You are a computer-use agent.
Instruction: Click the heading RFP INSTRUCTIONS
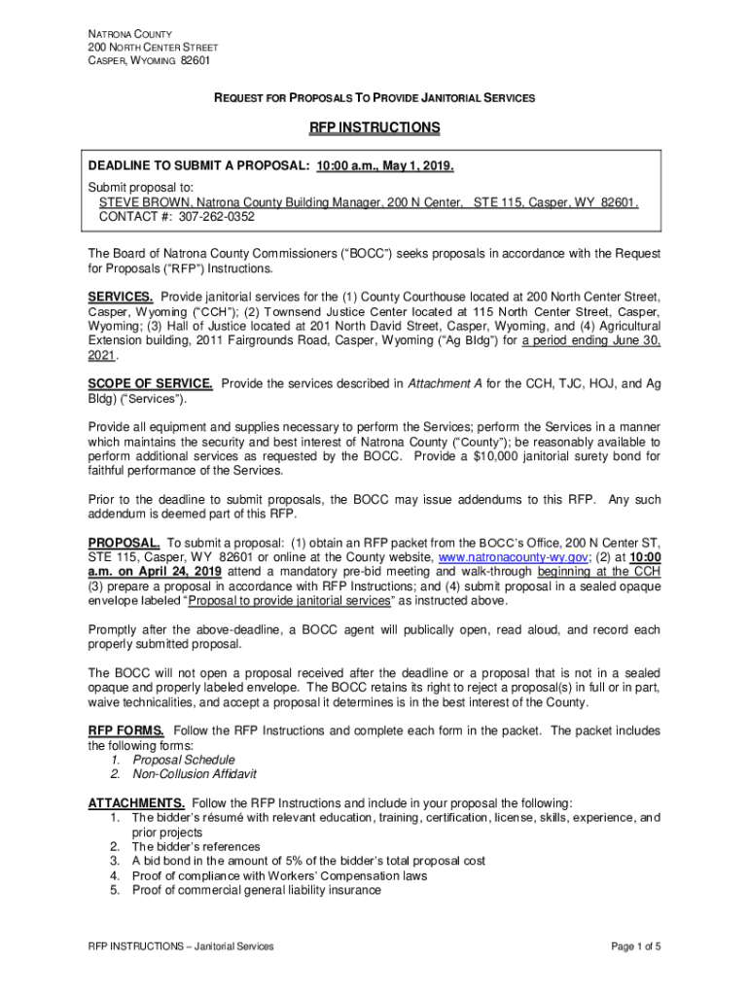[x=374, y=127]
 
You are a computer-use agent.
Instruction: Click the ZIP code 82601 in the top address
[x=195, y=60]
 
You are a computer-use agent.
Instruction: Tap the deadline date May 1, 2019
[x=411, y=165]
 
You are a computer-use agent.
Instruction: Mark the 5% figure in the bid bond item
[x=310, y=861]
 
